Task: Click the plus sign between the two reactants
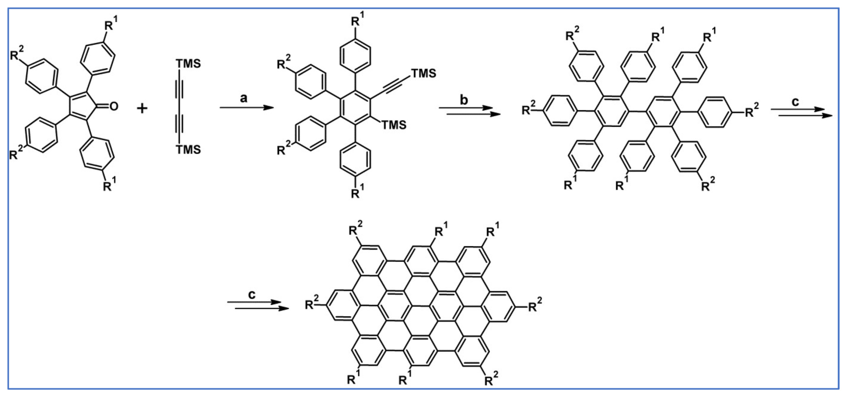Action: [142, 108]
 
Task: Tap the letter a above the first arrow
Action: [244, 98]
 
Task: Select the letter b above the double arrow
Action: [464, 99]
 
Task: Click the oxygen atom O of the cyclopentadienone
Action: [114, 106]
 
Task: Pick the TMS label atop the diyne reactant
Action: [188, 64]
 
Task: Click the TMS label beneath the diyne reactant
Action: [188, 150]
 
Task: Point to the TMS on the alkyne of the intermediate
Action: [423, 73]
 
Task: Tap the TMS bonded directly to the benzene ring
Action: [394, 125]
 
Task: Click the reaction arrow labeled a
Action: [246, 108]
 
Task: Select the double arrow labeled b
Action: [470, 111]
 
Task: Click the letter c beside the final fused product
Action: [252, 294]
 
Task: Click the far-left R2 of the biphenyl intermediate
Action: [529, 109]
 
